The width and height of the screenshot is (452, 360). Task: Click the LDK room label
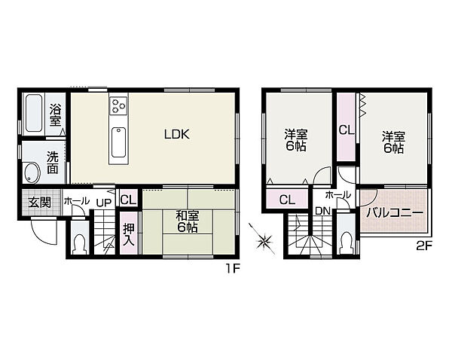tap(177, 134)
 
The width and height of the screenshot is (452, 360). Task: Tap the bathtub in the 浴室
tap(33, 113)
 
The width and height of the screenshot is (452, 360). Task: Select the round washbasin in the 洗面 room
tap(32, 172)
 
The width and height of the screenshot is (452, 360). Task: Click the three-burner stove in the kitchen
tap(118, 105)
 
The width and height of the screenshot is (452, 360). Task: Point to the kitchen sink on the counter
tap(118, 142)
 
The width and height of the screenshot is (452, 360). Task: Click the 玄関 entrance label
tap(40, 203)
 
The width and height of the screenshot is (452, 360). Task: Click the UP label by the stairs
tap(104, 203)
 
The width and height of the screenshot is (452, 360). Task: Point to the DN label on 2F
tap(322, 212)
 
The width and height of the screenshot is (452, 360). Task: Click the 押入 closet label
tap(129, 234)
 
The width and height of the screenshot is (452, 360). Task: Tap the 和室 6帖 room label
tap(187, 221)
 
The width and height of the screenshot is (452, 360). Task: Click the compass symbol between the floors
tap(264, 239)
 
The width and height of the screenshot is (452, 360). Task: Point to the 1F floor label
tap(233, 269)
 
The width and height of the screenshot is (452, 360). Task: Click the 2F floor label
tap(423, 246)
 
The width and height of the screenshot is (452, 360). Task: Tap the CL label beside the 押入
tap(128, 200)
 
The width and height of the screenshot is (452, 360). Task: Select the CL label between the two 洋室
tap(347, 130)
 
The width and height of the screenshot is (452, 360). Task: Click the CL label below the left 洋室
tap(288, 200)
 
